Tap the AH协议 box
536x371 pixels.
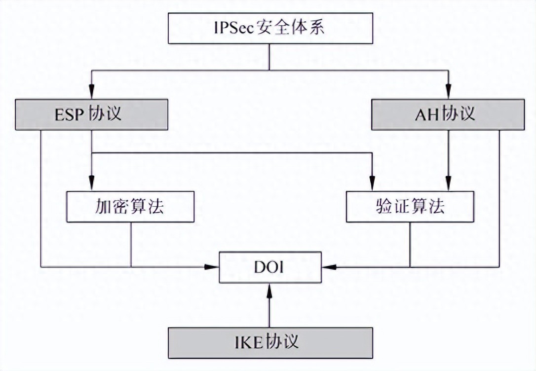(448, 114)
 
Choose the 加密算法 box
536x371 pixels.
(130, 206)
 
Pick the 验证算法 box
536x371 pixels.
(410, 206)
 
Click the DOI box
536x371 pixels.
(270, 267)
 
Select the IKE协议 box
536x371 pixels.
(269, 342)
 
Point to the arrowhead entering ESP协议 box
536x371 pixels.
(92, 92)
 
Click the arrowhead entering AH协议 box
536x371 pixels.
(448, 92)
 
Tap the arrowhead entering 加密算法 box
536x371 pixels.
(92, 185)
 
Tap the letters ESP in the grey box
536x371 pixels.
(69, 115)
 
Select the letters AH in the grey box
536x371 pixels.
(427, 115)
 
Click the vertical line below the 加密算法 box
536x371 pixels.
(131, 244)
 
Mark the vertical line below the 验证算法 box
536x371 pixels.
(410, 244)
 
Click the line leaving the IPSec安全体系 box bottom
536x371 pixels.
(269, 57)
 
